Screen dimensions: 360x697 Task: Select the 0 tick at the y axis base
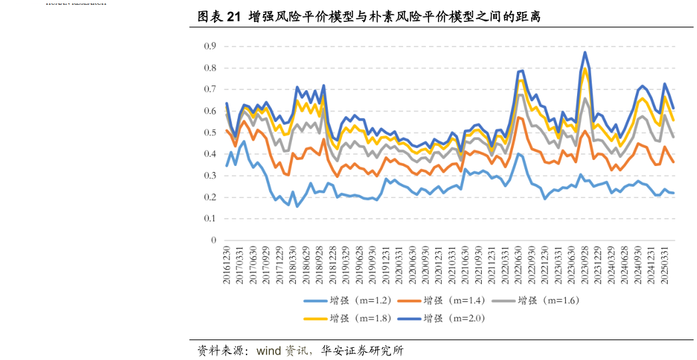pyautogui.click(x=213, y=240)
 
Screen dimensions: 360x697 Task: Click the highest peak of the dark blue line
pyautogui.click(x=585, y=52)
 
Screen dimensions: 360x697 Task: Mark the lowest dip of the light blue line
pyautogui.click(x=297, y=206)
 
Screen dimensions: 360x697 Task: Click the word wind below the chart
pyautogui.click(x=269, y=351)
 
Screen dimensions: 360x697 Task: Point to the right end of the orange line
pyautogui.click(x=673, y=162)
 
